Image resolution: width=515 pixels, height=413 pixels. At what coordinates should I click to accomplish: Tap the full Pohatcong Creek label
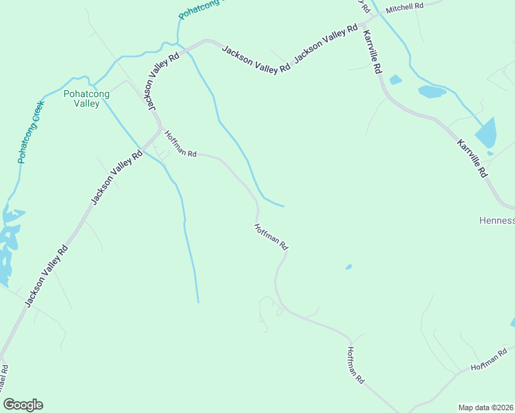31,131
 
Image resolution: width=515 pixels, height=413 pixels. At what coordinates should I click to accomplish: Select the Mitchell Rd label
404,8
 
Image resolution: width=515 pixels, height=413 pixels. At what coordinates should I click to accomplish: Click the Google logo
23,405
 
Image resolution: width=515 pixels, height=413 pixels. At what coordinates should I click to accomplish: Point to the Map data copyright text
486,407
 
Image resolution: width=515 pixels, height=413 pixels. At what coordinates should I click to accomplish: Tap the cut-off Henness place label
496,221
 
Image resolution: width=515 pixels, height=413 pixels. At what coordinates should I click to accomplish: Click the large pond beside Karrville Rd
486,132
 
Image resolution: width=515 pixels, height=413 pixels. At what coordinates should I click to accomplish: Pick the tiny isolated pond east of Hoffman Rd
348,266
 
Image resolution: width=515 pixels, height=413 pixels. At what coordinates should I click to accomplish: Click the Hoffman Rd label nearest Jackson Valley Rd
180,145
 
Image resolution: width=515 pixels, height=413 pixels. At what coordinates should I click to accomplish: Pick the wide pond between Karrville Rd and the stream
432,92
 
